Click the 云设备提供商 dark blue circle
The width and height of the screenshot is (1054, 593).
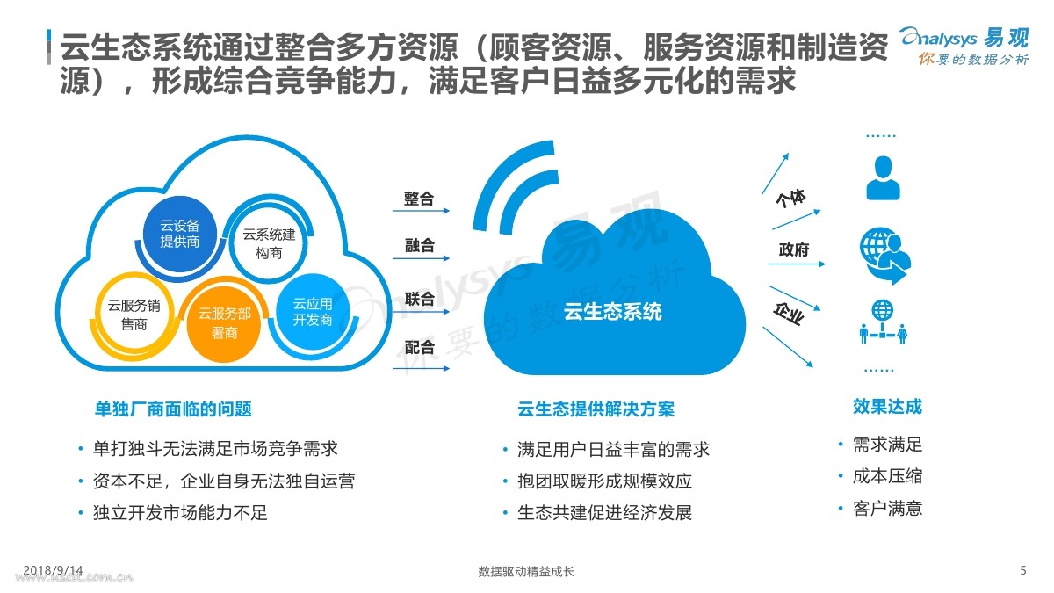pyautogui.click(x=180, y=233)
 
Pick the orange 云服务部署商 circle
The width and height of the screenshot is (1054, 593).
pyautogui.click(x=218, y=322)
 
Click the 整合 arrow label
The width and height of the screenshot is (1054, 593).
pyautogui.click(x=419, y=199)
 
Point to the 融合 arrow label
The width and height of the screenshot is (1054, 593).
pyautogui.click(x=419, y=247)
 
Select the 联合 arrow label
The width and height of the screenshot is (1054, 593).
pyautogui.click(x=419, y=299)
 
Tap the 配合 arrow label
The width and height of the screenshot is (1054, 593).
pyautogui.click(x=419, y=348)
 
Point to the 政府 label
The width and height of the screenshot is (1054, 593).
pyautogui.click(x=793, y=250)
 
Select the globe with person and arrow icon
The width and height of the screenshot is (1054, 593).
pyautogui.click(x=883, y=256)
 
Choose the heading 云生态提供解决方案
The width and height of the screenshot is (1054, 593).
pyautogui.click(x=596, y=409)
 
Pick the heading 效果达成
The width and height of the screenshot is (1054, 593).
pyautogui.click(x=887, y=407)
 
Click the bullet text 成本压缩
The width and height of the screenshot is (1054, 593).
pyautogui.click(x=887, y=476)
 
